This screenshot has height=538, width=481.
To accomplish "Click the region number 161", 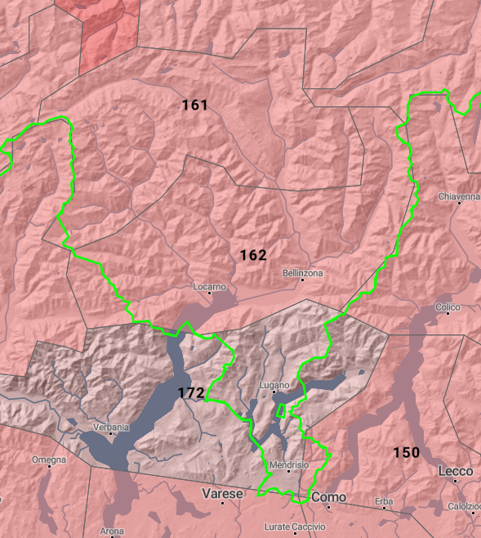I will click(x=194, y=105).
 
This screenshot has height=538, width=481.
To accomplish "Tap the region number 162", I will click(x=253, y=256).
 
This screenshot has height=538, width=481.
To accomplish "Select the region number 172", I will click(x=190, y=393).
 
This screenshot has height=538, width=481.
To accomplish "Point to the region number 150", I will click(x=406, y=453).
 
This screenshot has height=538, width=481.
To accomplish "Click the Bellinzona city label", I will click(x=302, y=272).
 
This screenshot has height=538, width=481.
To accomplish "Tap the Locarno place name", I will click(x=209, y=287).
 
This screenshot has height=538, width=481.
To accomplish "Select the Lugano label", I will click(x=274, y=385).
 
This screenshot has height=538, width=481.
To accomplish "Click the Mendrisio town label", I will click(x=289, y=464).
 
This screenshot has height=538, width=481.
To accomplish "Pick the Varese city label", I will click(x=222, y=495).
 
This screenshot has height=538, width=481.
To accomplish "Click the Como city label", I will click(x=328, y=497).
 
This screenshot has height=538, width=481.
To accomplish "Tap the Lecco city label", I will click(x=455, y=472).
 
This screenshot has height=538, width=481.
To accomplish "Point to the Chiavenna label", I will click(x=458, y=197).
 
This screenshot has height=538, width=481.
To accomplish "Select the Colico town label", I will click(x=448, y=307).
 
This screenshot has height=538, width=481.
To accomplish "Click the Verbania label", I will click(x=111, y=427).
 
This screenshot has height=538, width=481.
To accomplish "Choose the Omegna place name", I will click(x=49, y=460).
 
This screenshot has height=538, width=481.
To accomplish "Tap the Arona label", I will click(x=112, y=531).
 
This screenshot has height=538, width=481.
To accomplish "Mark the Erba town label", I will click(x=384, y=500).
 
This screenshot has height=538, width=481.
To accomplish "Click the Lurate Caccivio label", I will click(x=295, y=527).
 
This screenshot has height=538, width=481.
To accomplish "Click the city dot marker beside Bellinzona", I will click(x=302, y=280).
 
